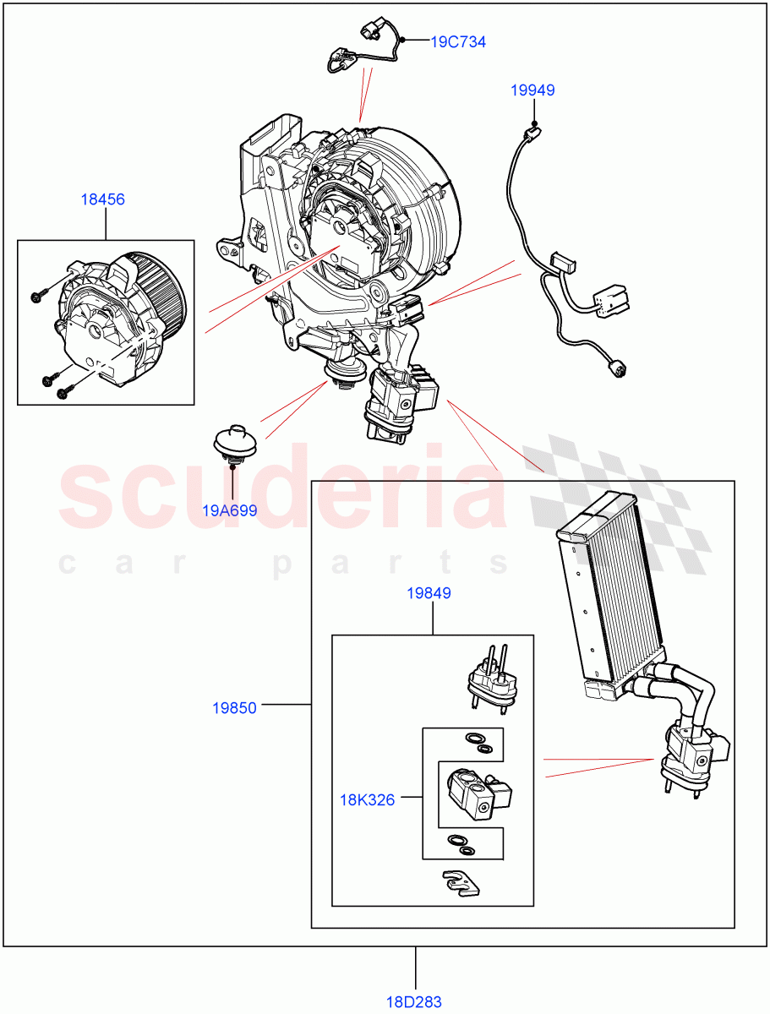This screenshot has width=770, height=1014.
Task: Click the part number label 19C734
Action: coord(458,41)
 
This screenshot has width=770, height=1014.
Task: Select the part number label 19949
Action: coord(532,90)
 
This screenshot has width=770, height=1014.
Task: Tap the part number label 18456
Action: coord(102,199)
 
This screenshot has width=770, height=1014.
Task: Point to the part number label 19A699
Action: coord(229,510)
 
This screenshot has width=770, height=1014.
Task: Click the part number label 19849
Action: coord(429,593)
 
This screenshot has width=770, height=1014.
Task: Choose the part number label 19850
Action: coord(234,708)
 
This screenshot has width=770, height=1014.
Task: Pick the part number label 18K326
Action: coord(368,799)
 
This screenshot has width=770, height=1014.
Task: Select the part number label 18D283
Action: coord(415,1001)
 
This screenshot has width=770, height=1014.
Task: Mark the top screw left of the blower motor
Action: coord(37,296)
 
